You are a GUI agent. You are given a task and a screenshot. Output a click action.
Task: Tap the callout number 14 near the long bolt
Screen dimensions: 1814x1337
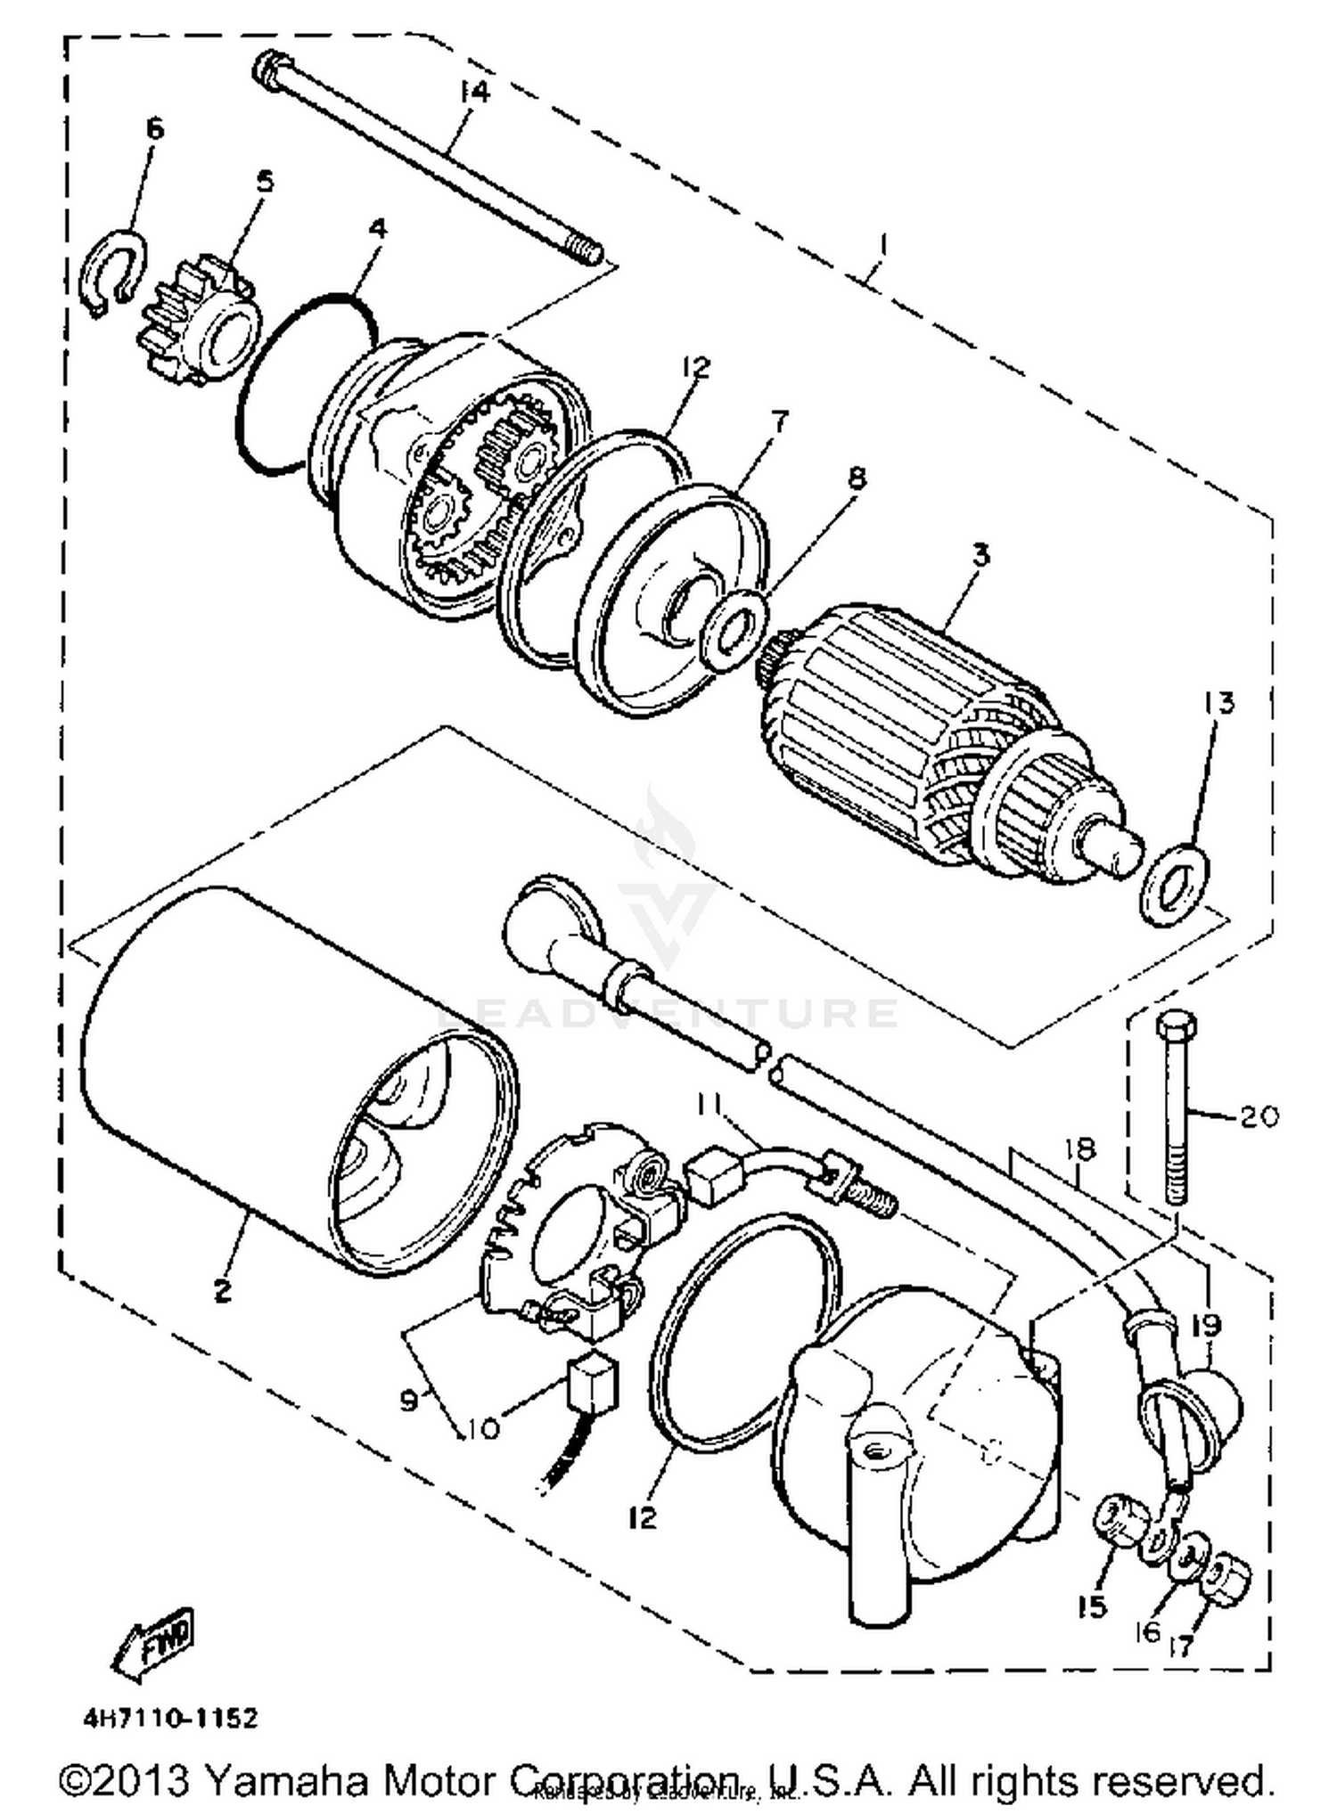[475, 92]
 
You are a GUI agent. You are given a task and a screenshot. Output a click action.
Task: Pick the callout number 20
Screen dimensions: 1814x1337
[1259, 1115]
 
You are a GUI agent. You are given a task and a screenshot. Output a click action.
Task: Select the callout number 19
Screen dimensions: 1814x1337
[1208, 1325]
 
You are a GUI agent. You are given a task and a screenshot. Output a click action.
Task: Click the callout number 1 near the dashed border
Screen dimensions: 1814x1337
[882, 242]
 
